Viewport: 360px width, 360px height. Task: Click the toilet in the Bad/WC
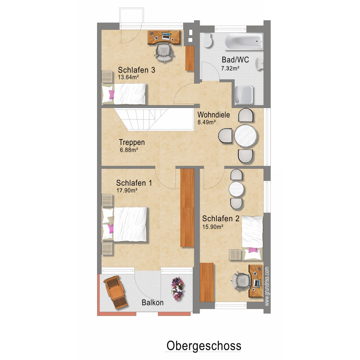207,40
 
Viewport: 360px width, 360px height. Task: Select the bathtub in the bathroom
244,42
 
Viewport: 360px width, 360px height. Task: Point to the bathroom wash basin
260,64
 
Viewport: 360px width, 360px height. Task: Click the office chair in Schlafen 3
164,52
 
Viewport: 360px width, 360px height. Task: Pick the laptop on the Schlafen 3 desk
166,36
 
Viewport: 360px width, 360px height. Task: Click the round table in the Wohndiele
246,136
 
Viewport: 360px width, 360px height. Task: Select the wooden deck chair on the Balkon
115,292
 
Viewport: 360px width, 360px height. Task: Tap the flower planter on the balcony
177,288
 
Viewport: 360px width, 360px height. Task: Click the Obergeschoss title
204,346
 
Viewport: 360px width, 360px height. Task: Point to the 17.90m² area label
127,190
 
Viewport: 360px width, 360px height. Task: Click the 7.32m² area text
230,68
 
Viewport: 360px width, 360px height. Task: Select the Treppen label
132,142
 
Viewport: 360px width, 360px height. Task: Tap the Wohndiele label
214,114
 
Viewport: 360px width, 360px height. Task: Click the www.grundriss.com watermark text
266,286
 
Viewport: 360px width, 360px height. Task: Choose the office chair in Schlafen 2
241,281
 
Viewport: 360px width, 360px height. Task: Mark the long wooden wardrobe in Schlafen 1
187,208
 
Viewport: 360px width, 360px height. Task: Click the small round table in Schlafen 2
236,189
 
